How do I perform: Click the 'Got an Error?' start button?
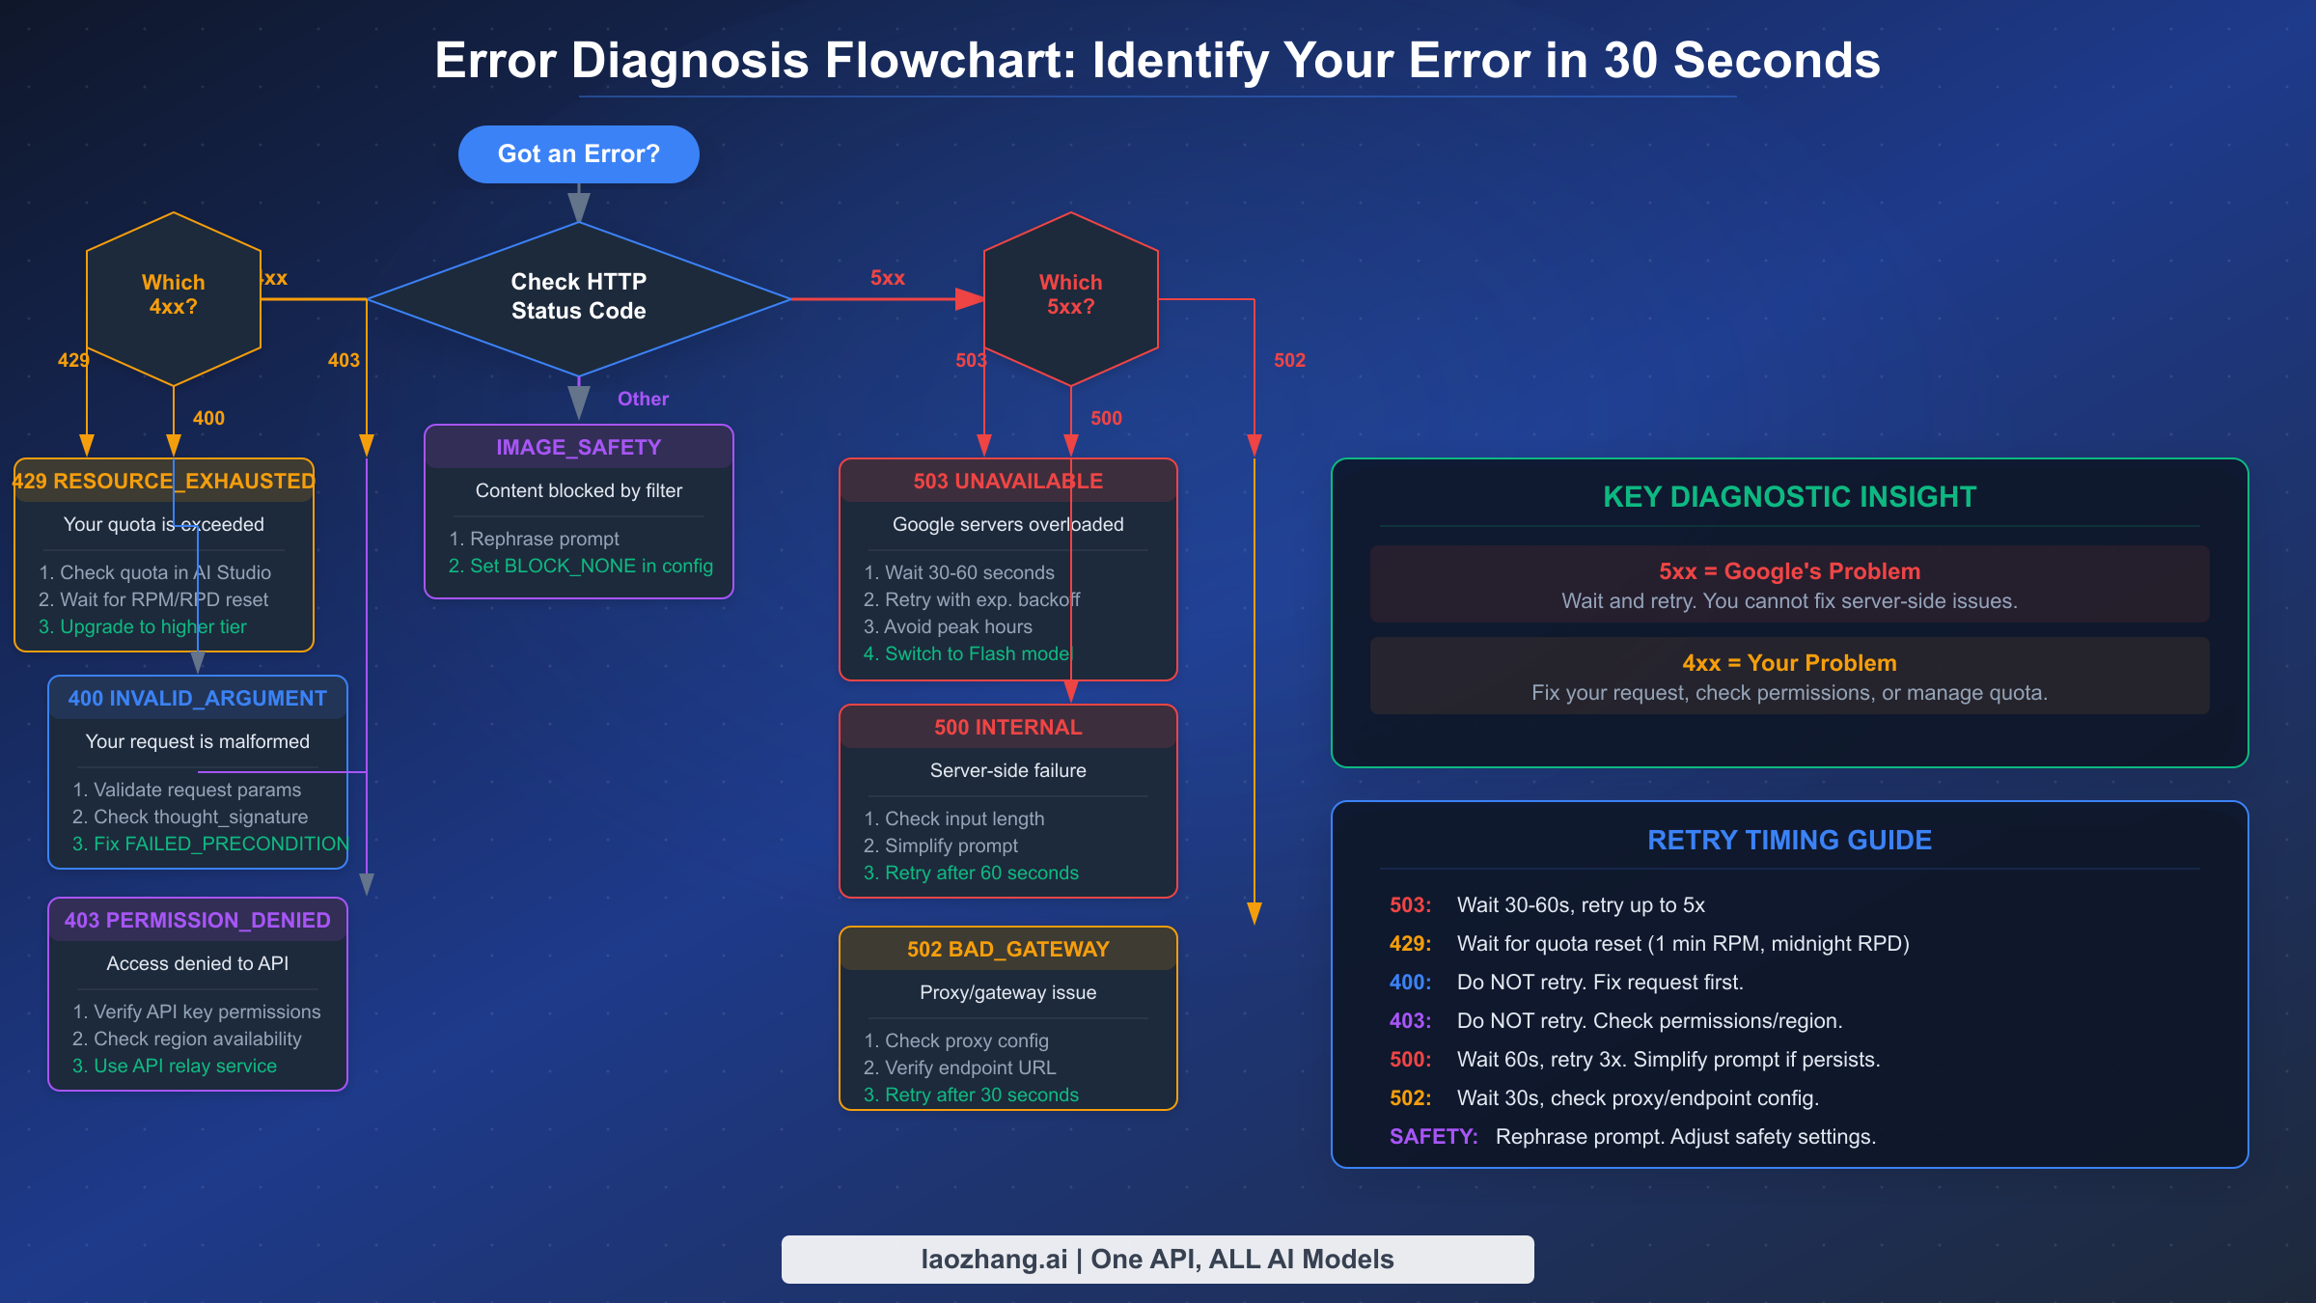(578, 154)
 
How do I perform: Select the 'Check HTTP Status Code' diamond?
(578, 296)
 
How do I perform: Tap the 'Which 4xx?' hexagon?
(174, 294)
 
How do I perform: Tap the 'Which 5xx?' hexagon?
(1070, 294)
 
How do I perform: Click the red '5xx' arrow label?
(887, 278)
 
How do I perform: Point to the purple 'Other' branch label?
(643, 399)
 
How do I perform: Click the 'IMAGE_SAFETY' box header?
(578, 448)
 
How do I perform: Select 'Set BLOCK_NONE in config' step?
(581, 567)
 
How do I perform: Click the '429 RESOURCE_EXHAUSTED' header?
(164, 481)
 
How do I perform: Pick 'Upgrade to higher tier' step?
(143, 627)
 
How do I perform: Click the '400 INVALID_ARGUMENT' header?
(197, 698)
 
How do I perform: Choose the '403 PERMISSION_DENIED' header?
(197, 920)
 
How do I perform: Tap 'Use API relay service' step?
(175, 1067)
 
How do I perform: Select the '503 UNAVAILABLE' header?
(1007, 481)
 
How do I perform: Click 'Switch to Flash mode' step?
(966, 654)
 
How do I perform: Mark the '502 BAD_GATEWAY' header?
(1007, 949)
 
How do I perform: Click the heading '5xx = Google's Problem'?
(1789, 571)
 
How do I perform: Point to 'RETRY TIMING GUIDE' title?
(1789, 840)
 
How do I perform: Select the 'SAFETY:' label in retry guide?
(1433, 1137)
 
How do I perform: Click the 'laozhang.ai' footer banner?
(1157, 1260)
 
